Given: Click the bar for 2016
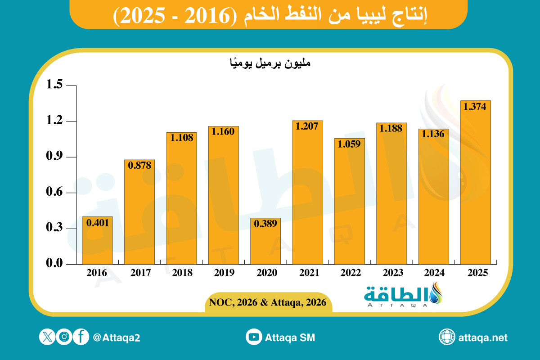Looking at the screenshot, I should click(x=97, y=240).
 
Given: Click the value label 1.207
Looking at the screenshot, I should click(x=307, y=126).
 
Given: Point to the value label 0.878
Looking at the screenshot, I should click(x=139, y=165).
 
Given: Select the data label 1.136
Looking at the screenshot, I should click(x=433, y=134).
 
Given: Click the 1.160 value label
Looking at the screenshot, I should click(x=223, y=132).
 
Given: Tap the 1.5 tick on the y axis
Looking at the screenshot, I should click(x=56, y=85).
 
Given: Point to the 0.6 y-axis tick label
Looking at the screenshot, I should click(x=56, y=193).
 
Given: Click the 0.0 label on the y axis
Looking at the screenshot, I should click(x=56, y=264).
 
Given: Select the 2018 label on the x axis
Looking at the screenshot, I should click(x=182, y=273).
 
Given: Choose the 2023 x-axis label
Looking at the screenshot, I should click(x=391, y=273).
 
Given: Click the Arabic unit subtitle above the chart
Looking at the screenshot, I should click(x=270, y=64).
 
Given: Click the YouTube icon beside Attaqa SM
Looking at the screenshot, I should click(x=254, y=337).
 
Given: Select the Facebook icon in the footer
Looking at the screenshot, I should click(x=81, y=337).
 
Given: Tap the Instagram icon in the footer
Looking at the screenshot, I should click(x=64, y=337).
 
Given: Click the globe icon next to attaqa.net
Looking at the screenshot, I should click(x=447, y=337).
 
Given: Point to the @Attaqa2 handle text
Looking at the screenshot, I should click(x=117, y=337).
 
